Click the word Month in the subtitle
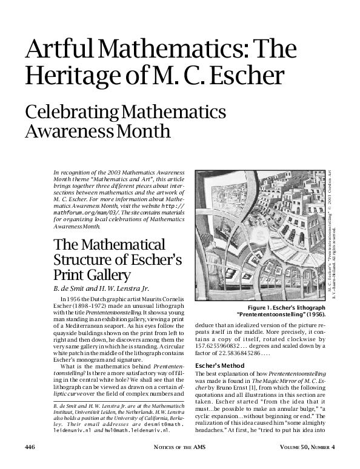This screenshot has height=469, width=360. coord(143,131)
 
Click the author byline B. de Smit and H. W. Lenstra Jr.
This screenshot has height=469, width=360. coord(101,288)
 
